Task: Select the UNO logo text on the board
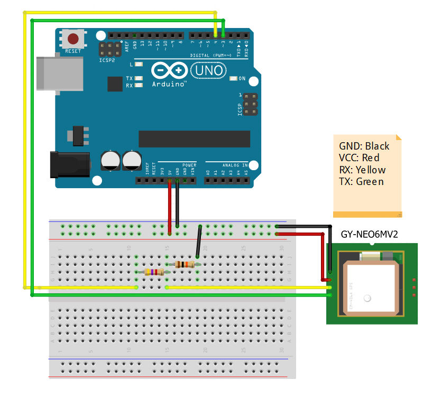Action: pos(208,70)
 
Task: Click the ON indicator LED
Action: pos(234,79)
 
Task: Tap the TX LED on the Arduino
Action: pos(139,79)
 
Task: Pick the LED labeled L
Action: pos(139,64)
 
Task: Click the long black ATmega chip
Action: pos(194,138)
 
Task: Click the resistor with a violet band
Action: pos(154,272)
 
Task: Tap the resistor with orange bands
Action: pos(184,264)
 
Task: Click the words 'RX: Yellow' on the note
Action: pos(362,170)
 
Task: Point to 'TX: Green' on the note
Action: pos(361,182)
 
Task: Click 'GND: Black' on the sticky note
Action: pos(364,146)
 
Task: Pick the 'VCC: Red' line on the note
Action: pos(359,158)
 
